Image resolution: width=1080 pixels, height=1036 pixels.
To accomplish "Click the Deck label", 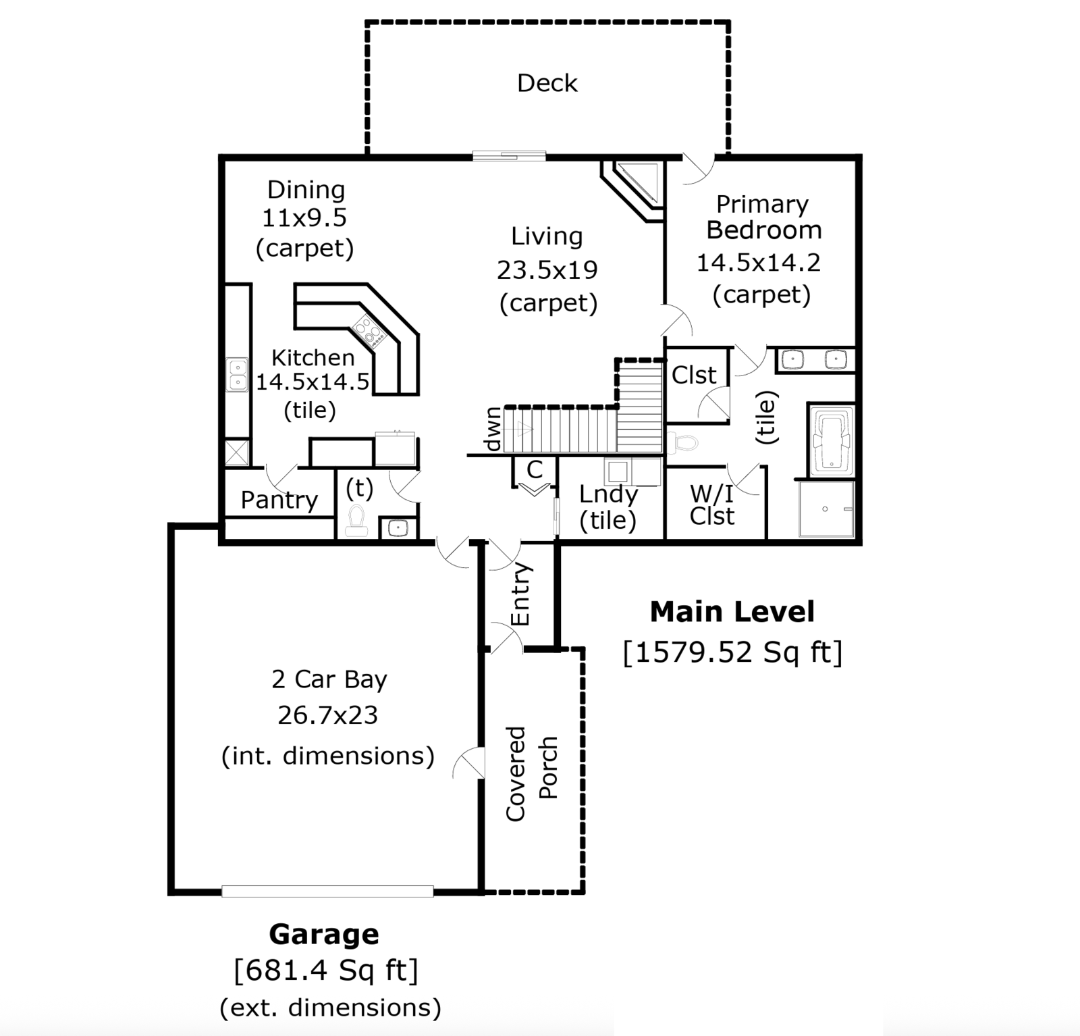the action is point(547,83).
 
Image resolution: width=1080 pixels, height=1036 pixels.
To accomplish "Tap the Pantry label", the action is point(279,500).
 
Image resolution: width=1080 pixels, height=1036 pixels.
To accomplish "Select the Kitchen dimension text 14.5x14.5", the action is point(313,382).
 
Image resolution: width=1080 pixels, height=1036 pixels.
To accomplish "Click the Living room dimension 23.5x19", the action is point(547,270).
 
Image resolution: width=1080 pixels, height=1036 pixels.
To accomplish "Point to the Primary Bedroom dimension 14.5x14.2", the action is point(758,262).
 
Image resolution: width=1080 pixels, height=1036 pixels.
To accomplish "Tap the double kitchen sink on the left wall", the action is point(237,375).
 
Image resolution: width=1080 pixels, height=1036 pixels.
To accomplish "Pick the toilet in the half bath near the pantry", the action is point(356,521).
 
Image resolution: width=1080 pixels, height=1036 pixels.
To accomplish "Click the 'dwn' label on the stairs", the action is point(493,430).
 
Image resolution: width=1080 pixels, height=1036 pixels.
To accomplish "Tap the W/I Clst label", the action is point(712,505).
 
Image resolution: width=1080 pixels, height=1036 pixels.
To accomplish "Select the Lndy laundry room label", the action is point(608,494).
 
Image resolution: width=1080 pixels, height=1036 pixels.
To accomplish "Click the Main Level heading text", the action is point(732,612).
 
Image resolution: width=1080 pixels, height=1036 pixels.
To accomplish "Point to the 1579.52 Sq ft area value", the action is point(732,652).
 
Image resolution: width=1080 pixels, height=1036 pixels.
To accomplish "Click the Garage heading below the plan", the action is point(324,935).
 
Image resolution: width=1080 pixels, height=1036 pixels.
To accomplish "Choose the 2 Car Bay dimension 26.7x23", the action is point(327,715).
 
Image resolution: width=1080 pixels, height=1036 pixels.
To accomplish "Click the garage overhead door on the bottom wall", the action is point(327,891).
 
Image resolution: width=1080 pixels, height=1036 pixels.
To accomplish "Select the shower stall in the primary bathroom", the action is point(826,509).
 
